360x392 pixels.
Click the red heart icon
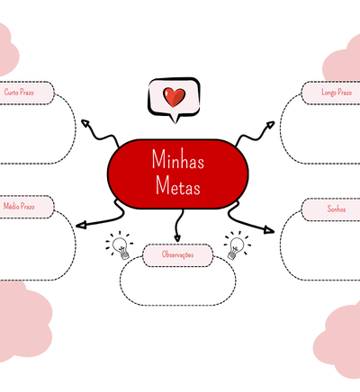pyautogui.click(x=174, y=97)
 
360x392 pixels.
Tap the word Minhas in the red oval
pyautogui.click(x=178, y=159)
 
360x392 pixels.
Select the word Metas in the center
pyautogui.click(x=178, y=185)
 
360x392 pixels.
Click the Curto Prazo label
pyautogui.click(x=19, y=92)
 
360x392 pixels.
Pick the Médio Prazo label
pyautogui.click(x=19, y=206)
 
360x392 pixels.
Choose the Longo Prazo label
pyautogui.click(x=337, y=93)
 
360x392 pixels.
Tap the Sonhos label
pyautogui.click(x=337, y=209)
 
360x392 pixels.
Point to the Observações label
pyautogui.click(x=177, y=254)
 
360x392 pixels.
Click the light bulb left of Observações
pyautogui.click(x=120, y=245)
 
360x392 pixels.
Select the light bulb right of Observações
pyautogui.click(x=237, y=245)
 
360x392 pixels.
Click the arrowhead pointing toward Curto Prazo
pyautogui.click(x=85, y=123)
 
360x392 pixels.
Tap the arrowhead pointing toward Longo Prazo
pyautogui.click(x=270, y=124)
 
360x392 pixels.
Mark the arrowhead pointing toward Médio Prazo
pyautogui.click(x=81, y=225)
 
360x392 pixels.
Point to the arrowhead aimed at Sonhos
pyautogui.click(x=269, y=230)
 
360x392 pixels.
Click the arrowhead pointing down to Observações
pyautogui.click(x=177, y=238)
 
